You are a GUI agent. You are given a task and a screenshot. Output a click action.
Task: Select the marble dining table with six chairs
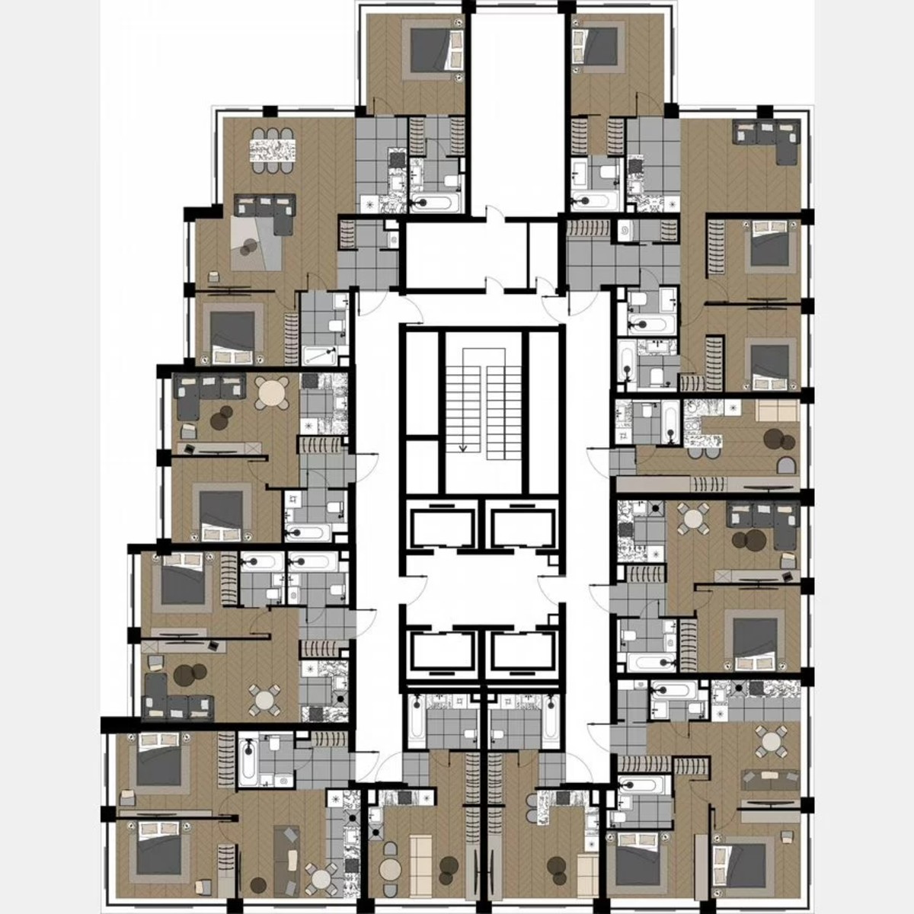pyautogui.click(x=273, y=146)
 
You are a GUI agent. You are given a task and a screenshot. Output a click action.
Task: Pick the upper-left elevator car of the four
pyautogui.click(x=442, y=526)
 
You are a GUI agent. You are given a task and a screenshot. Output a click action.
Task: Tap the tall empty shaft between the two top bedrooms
pyautogui.click(x=516, y=114)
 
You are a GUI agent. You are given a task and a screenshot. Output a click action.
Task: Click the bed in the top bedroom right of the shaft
pyautogui.click(x=601, y=46)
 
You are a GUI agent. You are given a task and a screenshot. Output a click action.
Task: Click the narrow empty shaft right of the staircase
pyautogui.click(x=544, y=411)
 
